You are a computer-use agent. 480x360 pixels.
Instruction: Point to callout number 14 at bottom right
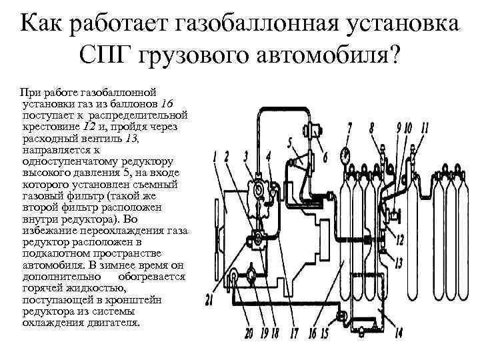399,332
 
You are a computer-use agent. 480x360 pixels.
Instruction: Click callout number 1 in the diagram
214,157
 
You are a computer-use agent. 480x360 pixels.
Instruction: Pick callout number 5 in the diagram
289,141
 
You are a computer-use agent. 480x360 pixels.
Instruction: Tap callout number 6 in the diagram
325,158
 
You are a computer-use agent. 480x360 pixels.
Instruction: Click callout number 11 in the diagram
425,127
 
